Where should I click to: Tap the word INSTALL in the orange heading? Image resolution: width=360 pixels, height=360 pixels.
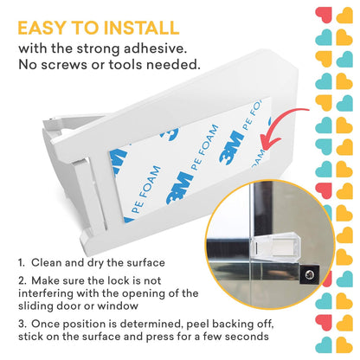[141, 28]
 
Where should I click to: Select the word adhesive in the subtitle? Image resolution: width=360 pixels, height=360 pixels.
[155, 48]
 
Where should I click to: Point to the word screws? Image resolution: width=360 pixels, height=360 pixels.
[64, 64]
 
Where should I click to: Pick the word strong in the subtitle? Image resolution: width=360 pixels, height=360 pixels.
[98, 49]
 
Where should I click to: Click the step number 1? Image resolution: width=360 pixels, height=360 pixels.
[21, 263]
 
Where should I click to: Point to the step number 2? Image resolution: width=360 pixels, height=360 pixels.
[22, 280]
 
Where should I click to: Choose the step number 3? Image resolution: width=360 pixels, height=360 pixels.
[22, 324]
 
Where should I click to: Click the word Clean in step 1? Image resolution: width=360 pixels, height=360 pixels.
[46, 262]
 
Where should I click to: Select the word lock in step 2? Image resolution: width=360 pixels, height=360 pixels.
[119, 280]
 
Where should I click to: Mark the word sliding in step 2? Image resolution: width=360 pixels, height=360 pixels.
[35, 306]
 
